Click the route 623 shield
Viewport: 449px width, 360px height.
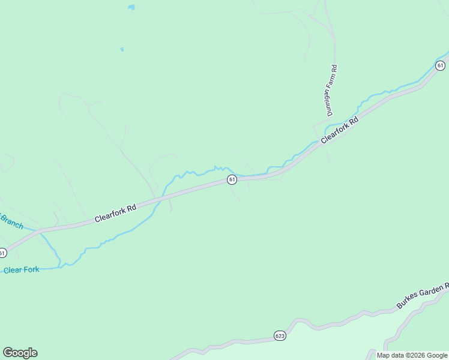click(279, 335)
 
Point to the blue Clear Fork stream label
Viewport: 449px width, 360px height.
click(21, 270)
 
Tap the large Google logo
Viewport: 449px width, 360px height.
click(20, 353)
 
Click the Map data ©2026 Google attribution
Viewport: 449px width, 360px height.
click(412, 355)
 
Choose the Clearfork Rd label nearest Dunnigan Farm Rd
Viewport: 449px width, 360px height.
click(339, 130)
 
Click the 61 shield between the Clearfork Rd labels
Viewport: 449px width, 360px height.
click(232, 180)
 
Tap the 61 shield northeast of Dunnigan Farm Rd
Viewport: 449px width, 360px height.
click(441, 65)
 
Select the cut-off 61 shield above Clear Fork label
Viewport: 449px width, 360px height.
click(2, 253)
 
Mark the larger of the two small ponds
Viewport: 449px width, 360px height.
click(131, 8)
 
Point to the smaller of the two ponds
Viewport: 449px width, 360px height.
click(122, 49)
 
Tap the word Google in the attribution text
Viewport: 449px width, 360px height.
click(437, 355)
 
